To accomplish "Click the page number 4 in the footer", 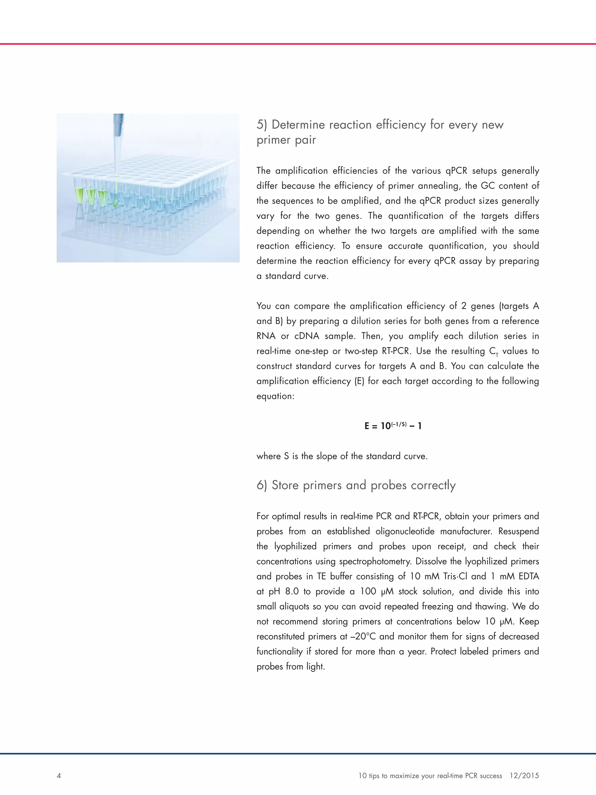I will click(59, 775).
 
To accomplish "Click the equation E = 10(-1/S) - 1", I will click(393, 426).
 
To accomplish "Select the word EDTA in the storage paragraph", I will click(529, 576).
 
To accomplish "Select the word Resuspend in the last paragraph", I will click(518, 531).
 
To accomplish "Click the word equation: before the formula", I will click(275, 396).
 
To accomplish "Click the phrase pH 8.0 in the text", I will click(283, 592).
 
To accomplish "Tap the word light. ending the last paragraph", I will click(315, 667).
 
